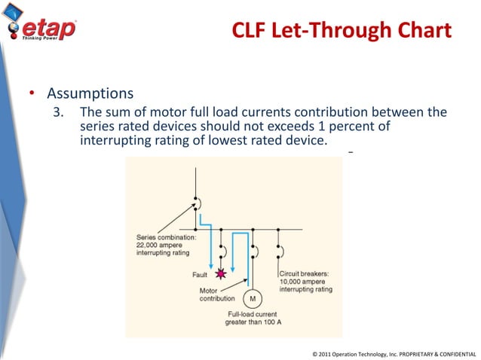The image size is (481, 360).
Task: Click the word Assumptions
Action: tap(90, 95)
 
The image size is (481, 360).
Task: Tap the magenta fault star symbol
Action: tap(221, 273)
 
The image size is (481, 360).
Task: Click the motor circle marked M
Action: tap(252, 298)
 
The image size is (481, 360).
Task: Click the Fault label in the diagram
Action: tap(200, 274)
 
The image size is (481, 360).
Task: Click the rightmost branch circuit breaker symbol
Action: tap(280, 249)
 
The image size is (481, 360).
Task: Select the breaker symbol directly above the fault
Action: tap(222, 249)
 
